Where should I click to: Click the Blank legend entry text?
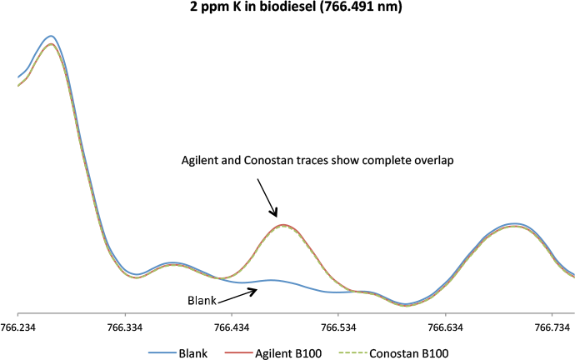pyautogui.click(x=193, y=352)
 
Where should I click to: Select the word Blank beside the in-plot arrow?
pyautogui.click(x=197, y=300)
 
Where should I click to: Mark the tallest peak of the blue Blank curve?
pyautogui.click(x=51, y=36)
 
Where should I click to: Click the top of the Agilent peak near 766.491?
pyautogui.click(x=283, y=225)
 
